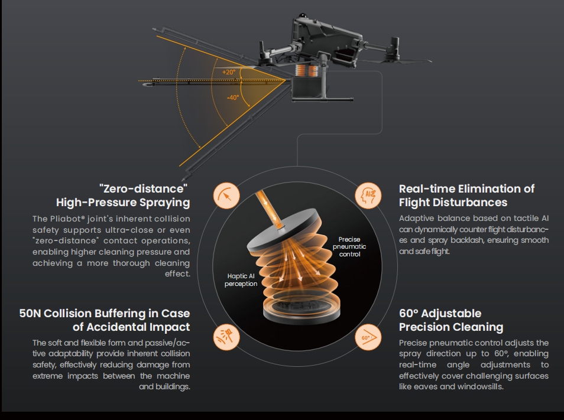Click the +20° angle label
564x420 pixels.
(229, 72)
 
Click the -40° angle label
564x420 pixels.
(233, 97)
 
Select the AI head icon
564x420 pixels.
(368, 195)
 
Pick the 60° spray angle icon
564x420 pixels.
(368, 337)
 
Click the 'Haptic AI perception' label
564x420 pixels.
(241, 279)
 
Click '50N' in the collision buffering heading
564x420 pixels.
(30, 313)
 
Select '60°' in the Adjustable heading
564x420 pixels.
(410, 313)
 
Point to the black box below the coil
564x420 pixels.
(309, 90)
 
